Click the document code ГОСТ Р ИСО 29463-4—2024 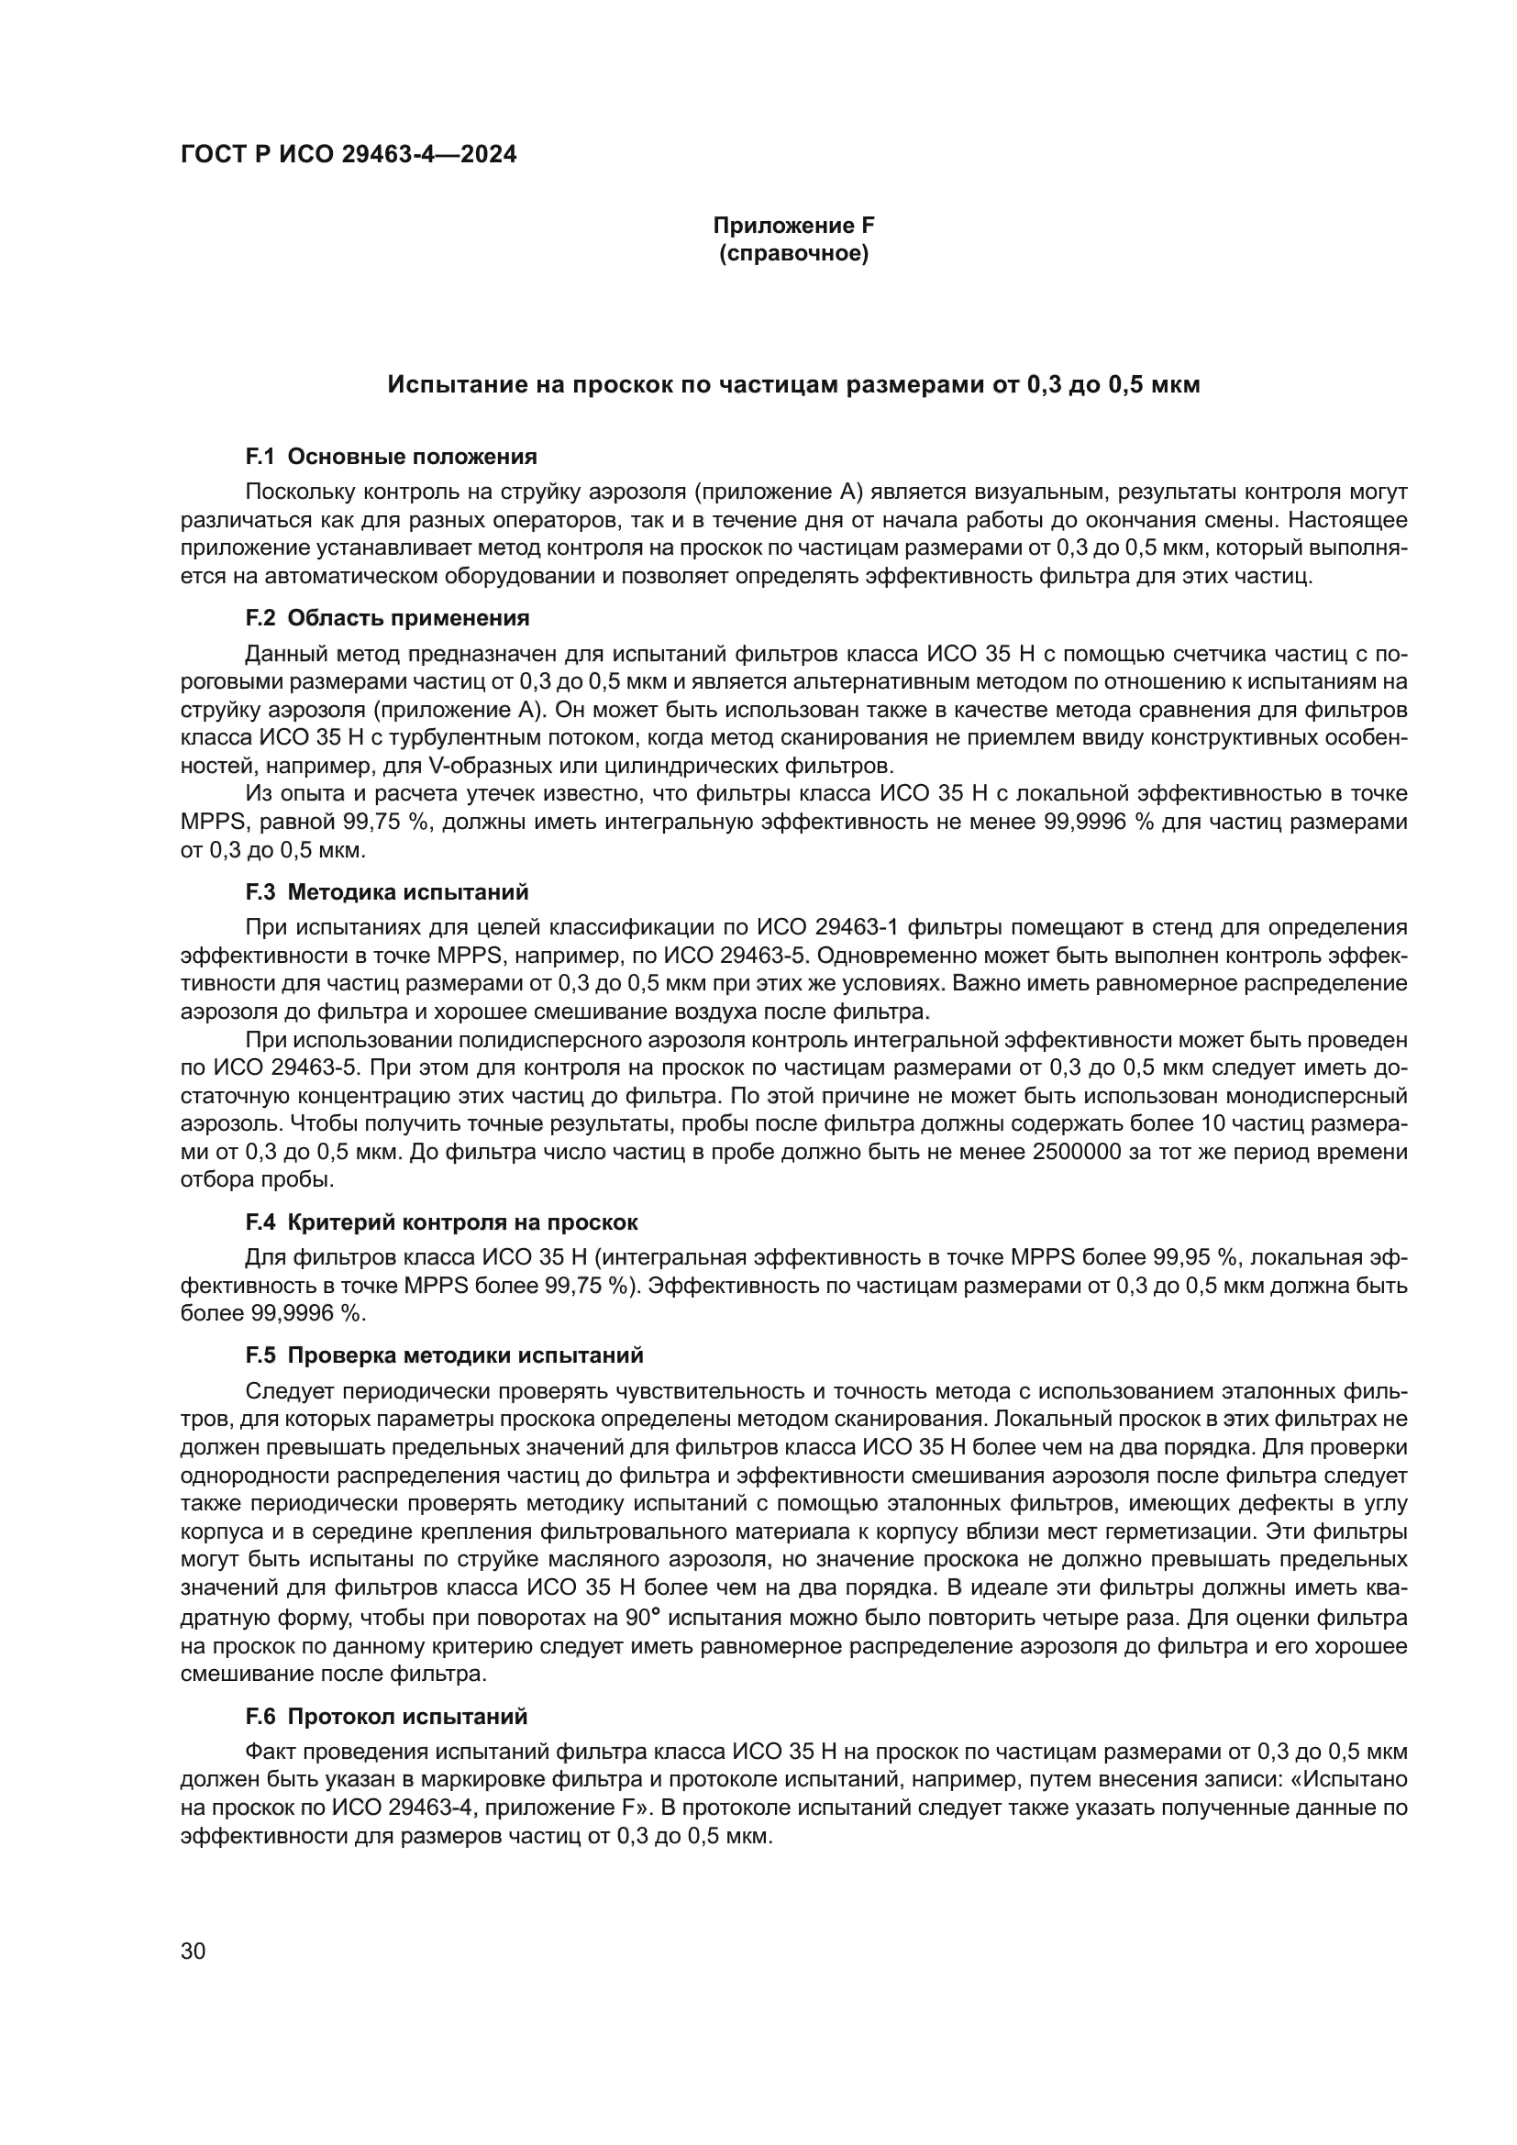point(348,155)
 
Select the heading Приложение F point(793,226)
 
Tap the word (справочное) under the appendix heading point(793,253)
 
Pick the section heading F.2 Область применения point(387,617)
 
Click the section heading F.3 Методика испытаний point(387,891)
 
